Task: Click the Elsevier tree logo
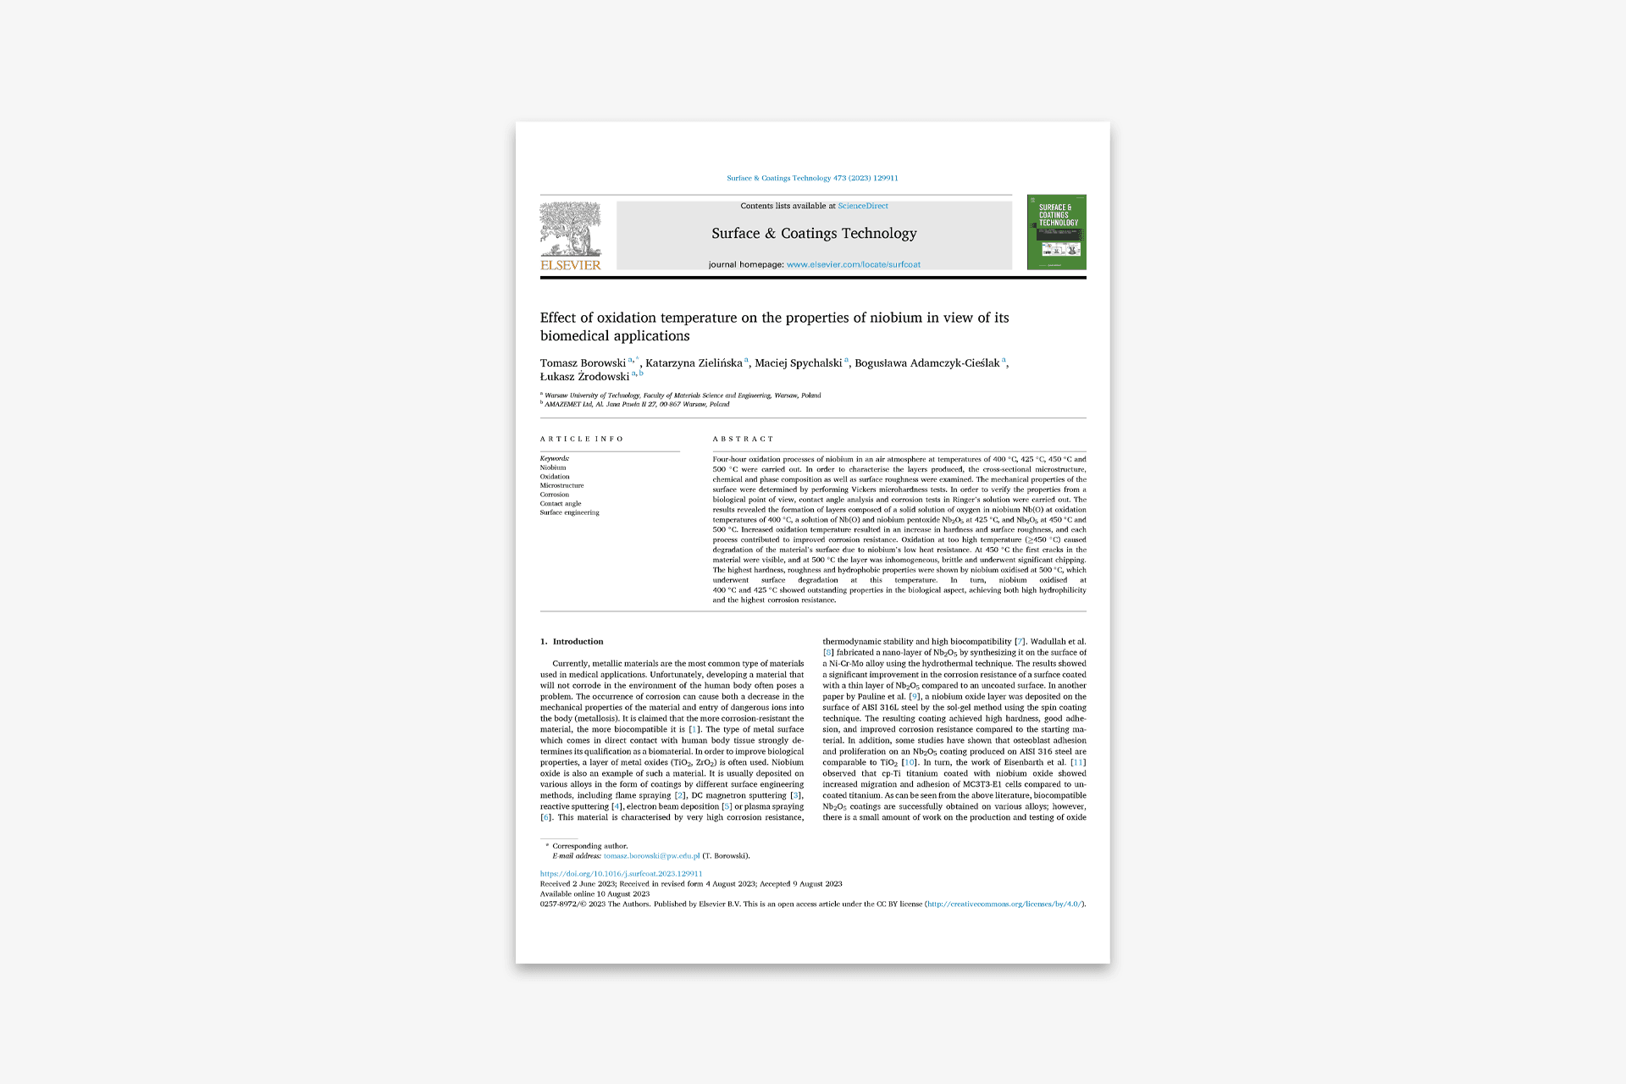click(x=570, y=229)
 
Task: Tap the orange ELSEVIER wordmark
click(x=570, y=265)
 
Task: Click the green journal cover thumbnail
click(x=1056, y=232)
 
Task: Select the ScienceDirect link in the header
click(x=863, y=206)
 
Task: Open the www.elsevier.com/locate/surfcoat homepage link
click(x=853, y=264)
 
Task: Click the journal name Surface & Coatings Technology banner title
click(x=814, y=233)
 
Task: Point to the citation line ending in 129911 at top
click(x=812, y=178)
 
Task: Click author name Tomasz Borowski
click(x=583, y=363)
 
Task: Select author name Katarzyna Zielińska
click(x=694, y=363)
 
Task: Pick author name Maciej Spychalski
click(x=798, y=363)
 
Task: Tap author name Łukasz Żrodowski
click(x=584, y=377)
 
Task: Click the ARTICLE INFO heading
click(x=582, y=439)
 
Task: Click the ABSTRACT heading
click(x=743, y=439)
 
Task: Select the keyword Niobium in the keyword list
click(x=553, y=467)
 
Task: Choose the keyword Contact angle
click(x=561, y=503)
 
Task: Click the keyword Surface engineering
click(x=569, y=512)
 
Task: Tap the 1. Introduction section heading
click(x=572, y=641)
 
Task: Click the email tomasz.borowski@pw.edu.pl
click(x=651, y=855)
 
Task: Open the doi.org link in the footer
click(x=621, y=873)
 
